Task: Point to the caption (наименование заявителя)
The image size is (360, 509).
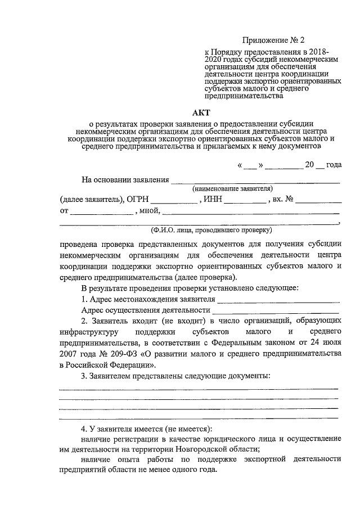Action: coord(232,188)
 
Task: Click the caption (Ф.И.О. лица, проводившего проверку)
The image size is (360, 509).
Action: coord(211,231)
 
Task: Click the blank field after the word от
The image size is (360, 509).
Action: coord(102,213)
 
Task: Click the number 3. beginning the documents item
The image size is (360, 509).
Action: coord(85,375)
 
